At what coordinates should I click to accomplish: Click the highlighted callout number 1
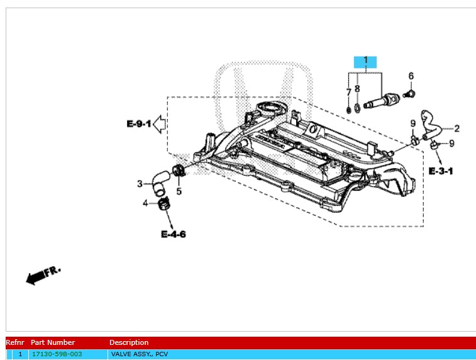click(365, 61)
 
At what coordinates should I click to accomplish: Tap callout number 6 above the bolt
click(411, 76)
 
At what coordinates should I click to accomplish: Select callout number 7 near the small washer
click(348, 93)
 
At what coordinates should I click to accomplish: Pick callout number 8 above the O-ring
click(357, 89)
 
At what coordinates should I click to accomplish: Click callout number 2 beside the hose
click(457, 128)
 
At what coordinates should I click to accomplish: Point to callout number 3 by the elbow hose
click(140, 184)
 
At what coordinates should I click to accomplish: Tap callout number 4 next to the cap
click(145, 203)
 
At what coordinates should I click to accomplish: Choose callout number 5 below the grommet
click(179, 191)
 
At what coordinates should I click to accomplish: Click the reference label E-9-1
click(138, 124)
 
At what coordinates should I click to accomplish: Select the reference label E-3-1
click(441, 171)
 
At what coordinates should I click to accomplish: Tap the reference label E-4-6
click(173, 234)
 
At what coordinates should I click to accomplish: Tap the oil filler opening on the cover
click(269, 109)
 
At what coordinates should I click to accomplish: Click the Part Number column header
click(53, 342)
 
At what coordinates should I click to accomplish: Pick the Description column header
click(129, 342)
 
